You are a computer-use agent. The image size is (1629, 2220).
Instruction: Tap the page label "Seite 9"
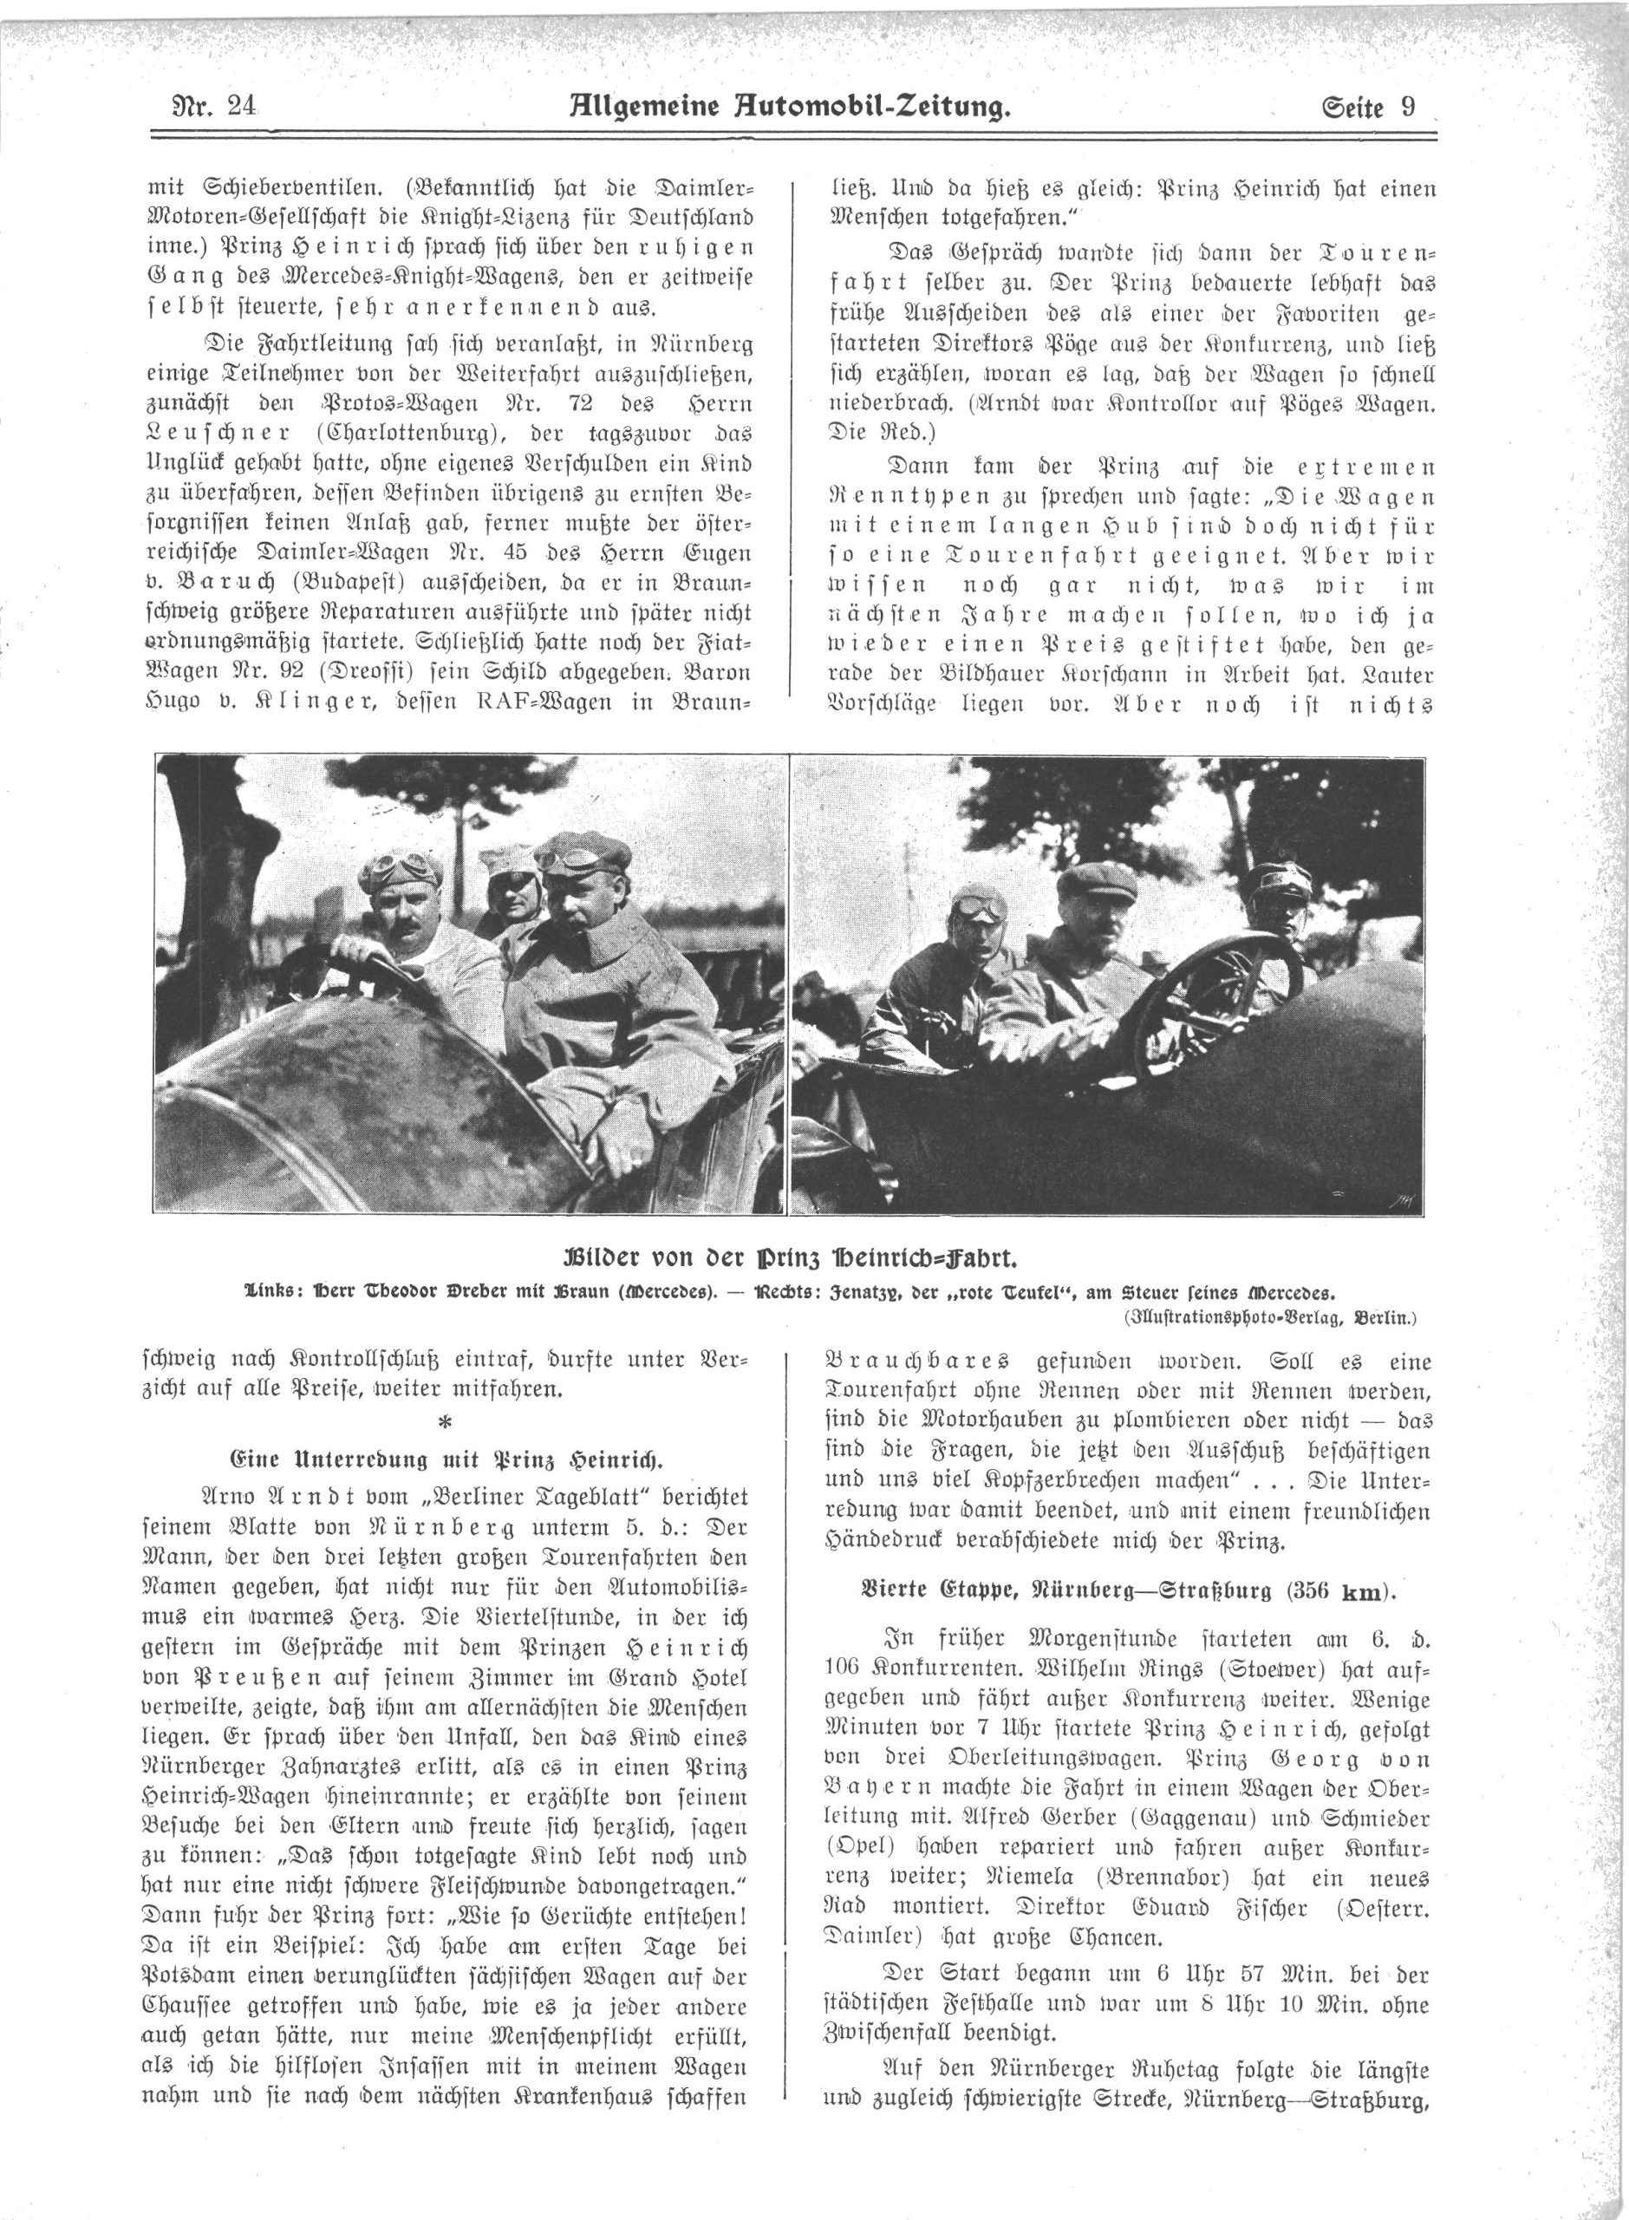tap(1369, 106)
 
